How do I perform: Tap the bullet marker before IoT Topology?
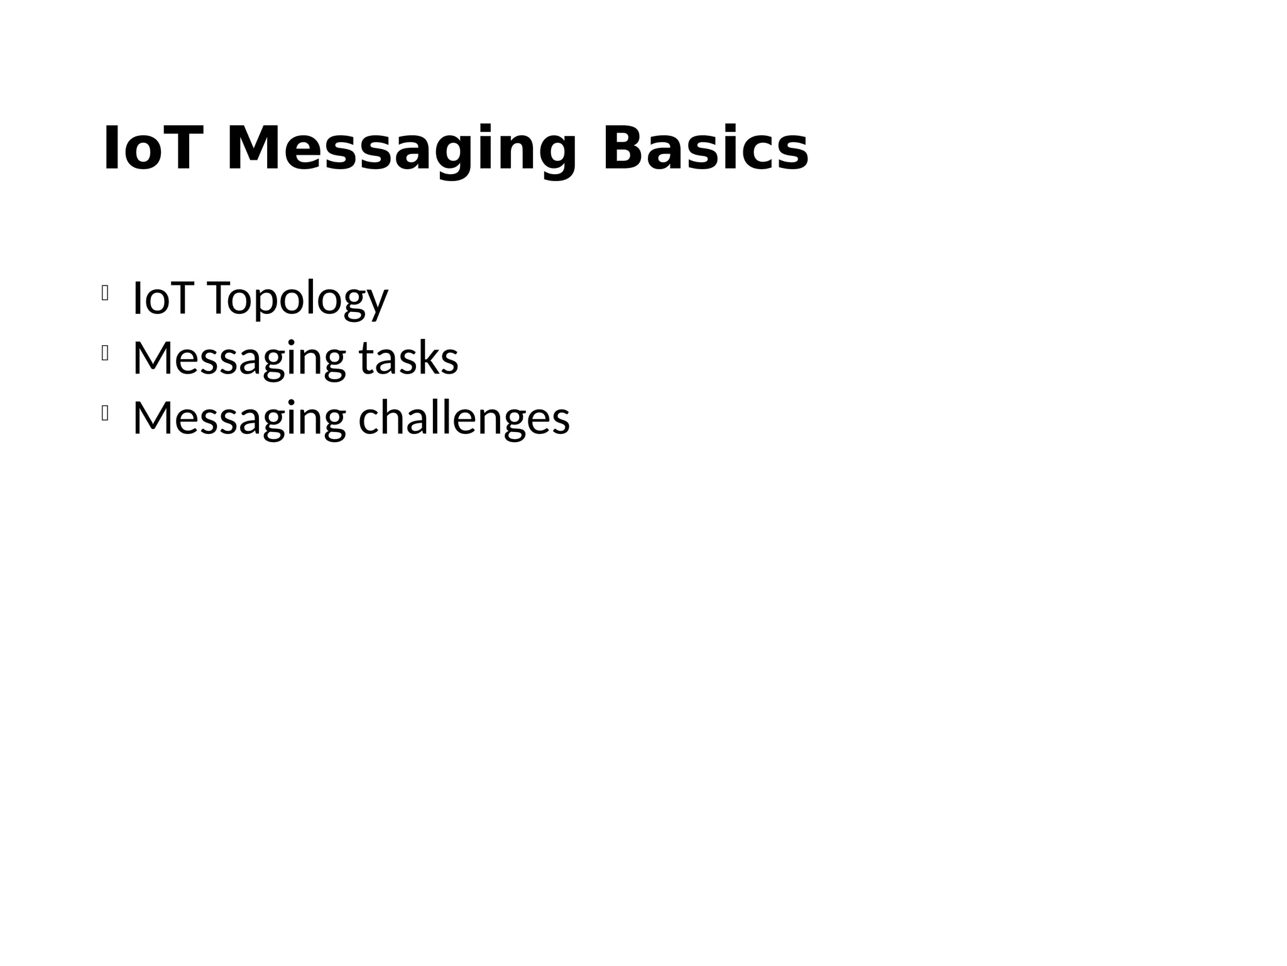[105, 292]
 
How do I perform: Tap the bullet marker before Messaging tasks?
[105, 354]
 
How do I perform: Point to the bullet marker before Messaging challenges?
[105, 414]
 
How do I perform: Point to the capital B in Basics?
[622, 149]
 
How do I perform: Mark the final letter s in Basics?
[793, 154]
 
